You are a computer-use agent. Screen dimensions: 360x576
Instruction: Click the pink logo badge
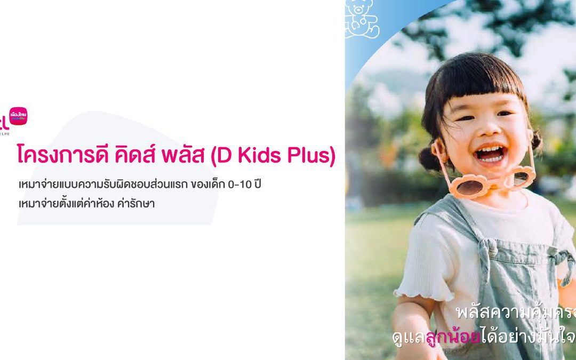18,117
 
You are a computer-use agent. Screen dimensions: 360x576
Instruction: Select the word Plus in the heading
306,156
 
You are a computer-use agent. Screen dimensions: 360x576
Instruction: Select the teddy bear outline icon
362,19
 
